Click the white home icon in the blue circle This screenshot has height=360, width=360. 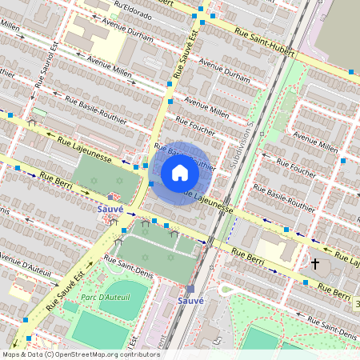(x=180, y=173)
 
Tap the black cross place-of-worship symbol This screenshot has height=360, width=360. (x=315, y=263)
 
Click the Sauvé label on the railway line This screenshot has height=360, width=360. (x=190, y=301)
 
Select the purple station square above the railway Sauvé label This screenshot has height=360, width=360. (x=190, y=289)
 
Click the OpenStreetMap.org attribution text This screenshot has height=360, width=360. (x=104, y=354)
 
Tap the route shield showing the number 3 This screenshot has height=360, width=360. (x=357, y=305)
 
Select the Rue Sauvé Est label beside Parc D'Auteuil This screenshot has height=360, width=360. (x=63, y=291)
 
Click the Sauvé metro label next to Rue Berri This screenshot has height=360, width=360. (x=110, y=209)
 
